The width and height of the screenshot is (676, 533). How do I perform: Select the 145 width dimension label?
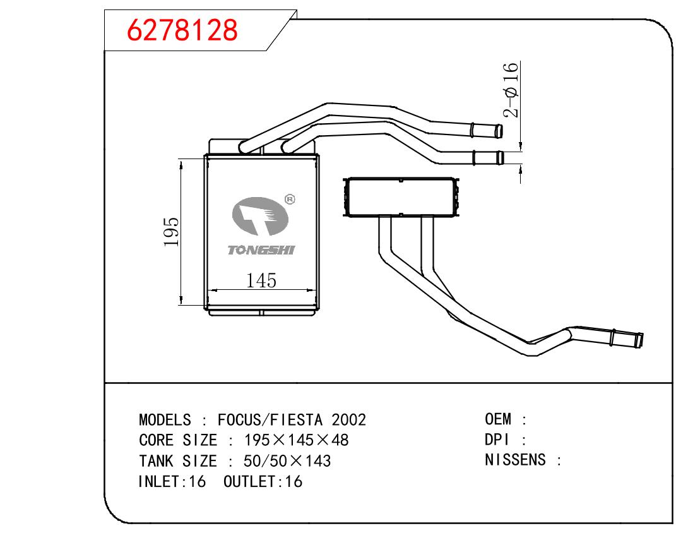coord(262,280)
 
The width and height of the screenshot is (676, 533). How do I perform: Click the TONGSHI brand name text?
coord(261,251)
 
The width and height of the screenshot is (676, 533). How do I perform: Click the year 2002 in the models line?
coord(348,420)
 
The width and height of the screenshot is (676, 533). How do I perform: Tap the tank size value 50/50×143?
coord(283,461)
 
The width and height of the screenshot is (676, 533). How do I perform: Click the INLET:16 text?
coord(172,481)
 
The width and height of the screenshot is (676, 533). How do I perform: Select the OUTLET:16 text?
coord(263,481)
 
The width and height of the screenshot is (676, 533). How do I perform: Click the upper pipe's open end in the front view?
coord(499,131)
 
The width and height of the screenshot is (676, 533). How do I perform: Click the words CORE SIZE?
coord(177,440)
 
